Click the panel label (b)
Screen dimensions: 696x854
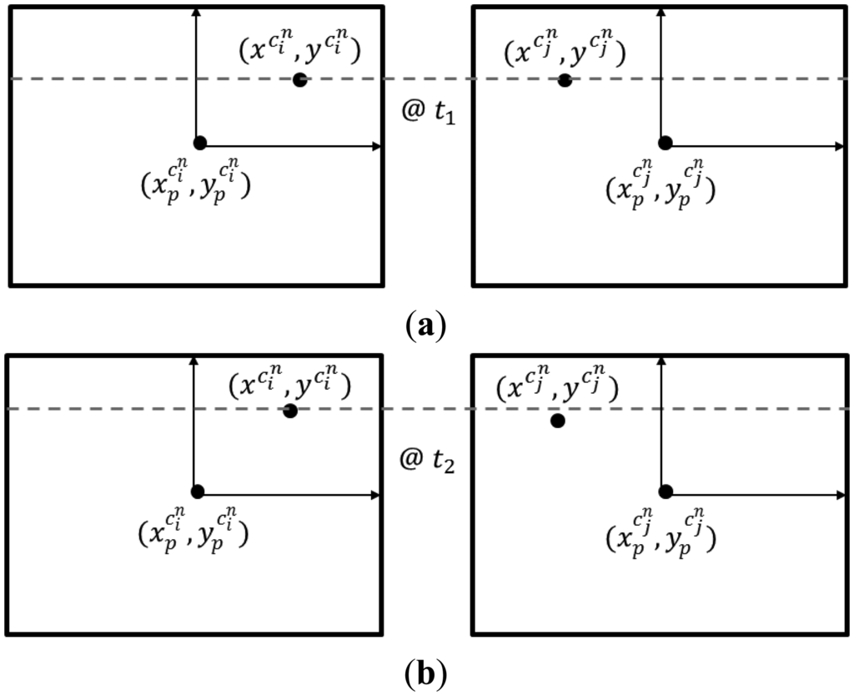coord(427,671)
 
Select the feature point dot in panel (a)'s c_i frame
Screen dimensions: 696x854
coord(299,80)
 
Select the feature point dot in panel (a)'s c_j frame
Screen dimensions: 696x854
coord(565,80)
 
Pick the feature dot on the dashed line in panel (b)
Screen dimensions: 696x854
coord(290,411)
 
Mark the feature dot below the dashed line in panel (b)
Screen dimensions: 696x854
coord(557,421)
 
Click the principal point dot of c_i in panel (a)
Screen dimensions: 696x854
coord(199,142)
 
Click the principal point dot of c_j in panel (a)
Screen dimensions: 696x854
coord(665,143)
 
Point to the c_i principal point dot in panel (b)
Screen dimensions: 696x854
coord(198,492)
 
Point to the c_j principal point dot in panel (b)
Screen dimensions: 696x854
coord(666,491)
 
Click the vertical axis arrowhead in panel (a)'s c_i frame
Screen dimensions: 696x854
coord(195,12)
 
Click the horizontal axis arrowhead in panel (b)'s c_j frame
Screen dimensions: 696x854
coord(841,496)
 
